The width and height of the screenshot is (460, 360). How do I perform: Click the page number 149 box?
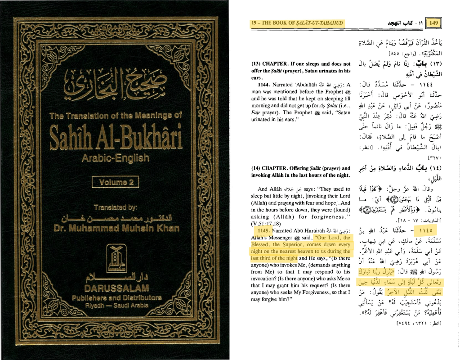434,22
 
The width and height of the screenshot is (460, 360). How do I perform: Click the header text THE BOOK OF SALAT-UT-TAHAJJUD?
300,23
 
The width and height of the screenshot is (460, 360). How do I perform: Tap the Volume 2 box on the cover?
115,182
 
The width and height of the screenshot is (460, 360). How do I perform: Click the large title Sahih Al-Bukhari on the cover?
116,135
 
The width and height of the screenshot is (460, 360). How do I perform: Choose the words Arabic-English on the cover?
116,158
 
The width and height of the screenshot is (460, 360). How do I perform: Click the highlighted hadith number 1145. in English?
261,230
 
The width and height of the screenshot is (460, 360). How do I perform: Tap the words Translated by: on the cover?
116,207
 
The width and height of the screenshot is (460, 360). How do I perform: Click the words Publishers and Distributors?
116,297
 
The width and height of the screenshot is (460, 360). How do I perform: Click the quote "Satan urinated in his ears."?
288,116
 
